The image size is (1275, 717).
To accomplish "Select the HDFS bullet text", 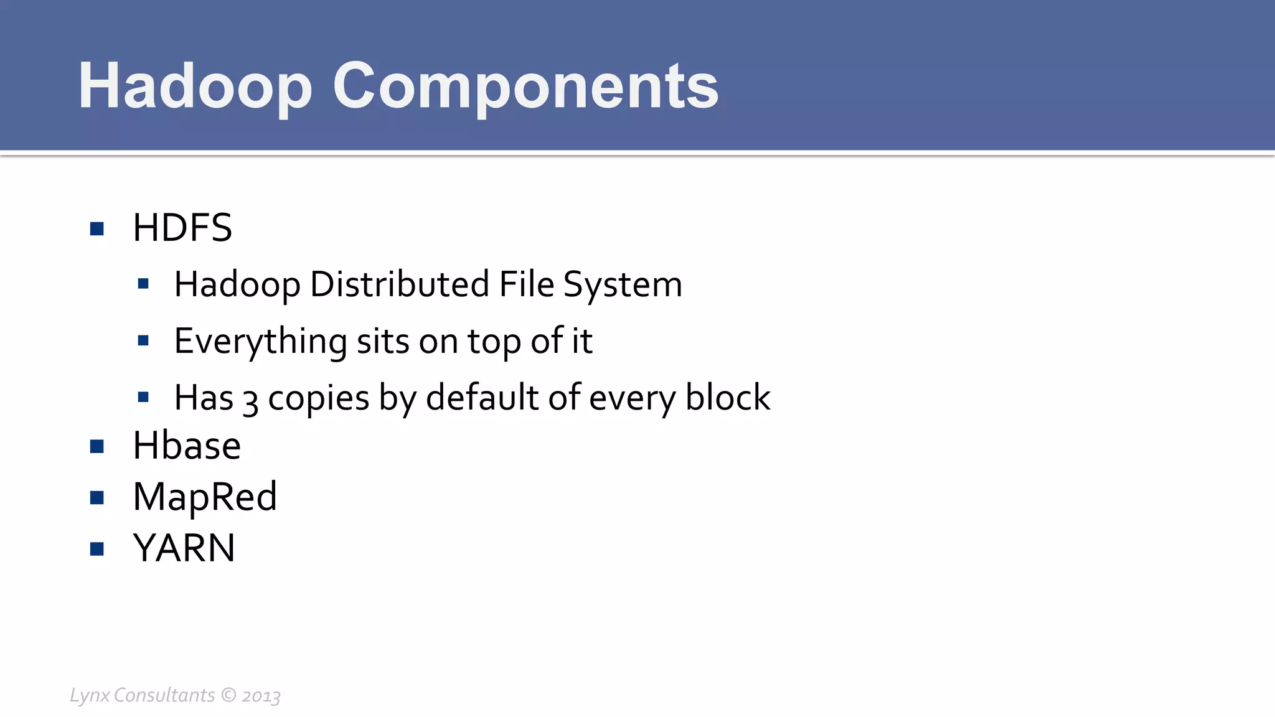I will (x=182, y=228).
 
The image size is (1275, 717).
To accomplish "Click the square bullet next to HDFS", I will (x=96, y=228).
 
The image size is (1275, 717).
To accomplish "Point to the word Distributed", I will (x=400, y=284).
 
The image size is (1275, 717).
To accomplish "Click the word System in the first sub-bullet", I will (x=623, y=286).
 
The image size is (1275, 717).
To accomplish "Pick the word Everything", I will (x=260, y=342).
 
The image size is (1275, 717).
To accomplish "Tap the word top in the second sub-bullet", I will (x=494, y=342).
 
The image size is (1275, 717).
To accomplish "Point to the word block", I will (x=728, y=398).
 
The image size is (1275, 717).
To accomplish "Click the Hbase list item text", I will (x=187, y=446).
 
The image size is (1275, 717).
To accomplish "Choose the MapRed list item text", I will (x=205, y=497).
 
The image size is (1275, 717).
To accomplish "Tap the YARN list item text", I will (x=184, y=548).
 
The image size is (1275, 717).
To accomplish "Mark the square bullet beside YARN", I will (x=96, y=548).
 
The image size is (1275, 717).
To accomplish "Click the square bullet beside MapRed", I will (x=96, y=497).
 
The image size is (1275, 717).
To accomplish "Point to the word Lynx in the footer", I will (x=90, y=695).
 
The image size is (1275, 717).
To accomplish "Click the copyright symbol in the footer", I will (x=228, y=695).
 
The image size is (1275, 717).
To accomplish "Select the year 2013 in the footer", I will (x=261, y=696).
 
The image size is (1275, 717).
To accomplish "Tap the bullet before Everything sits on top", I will (x=143, y=340).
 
